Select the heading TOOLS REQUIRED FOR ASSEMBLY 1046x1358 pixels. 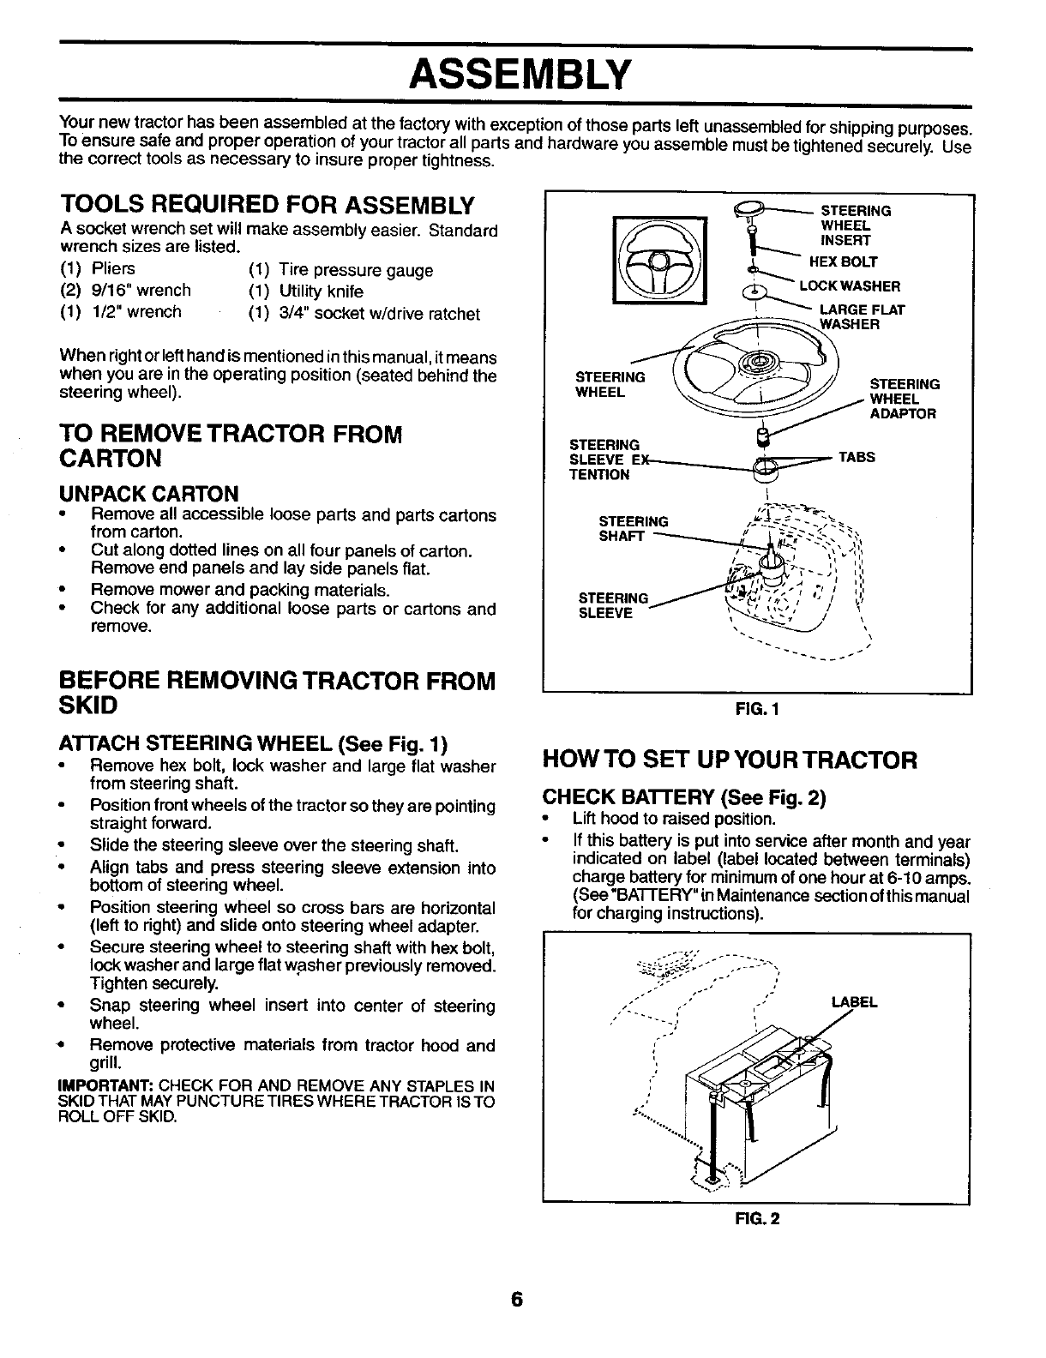(x=267, y=206)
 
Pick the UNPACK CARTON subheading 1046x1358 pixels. (x=148, y=494)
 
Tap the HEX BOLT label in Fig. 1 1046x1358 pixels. (x=849, y=262)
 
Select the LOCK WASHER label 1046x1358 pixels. (x=849, y=286)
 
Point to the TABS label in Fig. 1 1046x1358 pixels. (x=856, y=458)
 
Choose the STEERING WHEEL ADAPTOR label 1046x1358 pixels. (x=904, y=399)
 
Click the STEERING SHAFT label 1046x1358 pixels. (x=633, y=528)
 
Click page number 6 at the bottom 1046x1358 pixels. (x=516, y=1300)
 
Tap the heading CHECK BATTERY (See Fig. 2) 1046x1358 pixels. (x=684, y=799)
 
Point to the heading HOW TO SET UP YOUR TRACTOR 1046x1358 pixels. (x=730, y=760)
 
